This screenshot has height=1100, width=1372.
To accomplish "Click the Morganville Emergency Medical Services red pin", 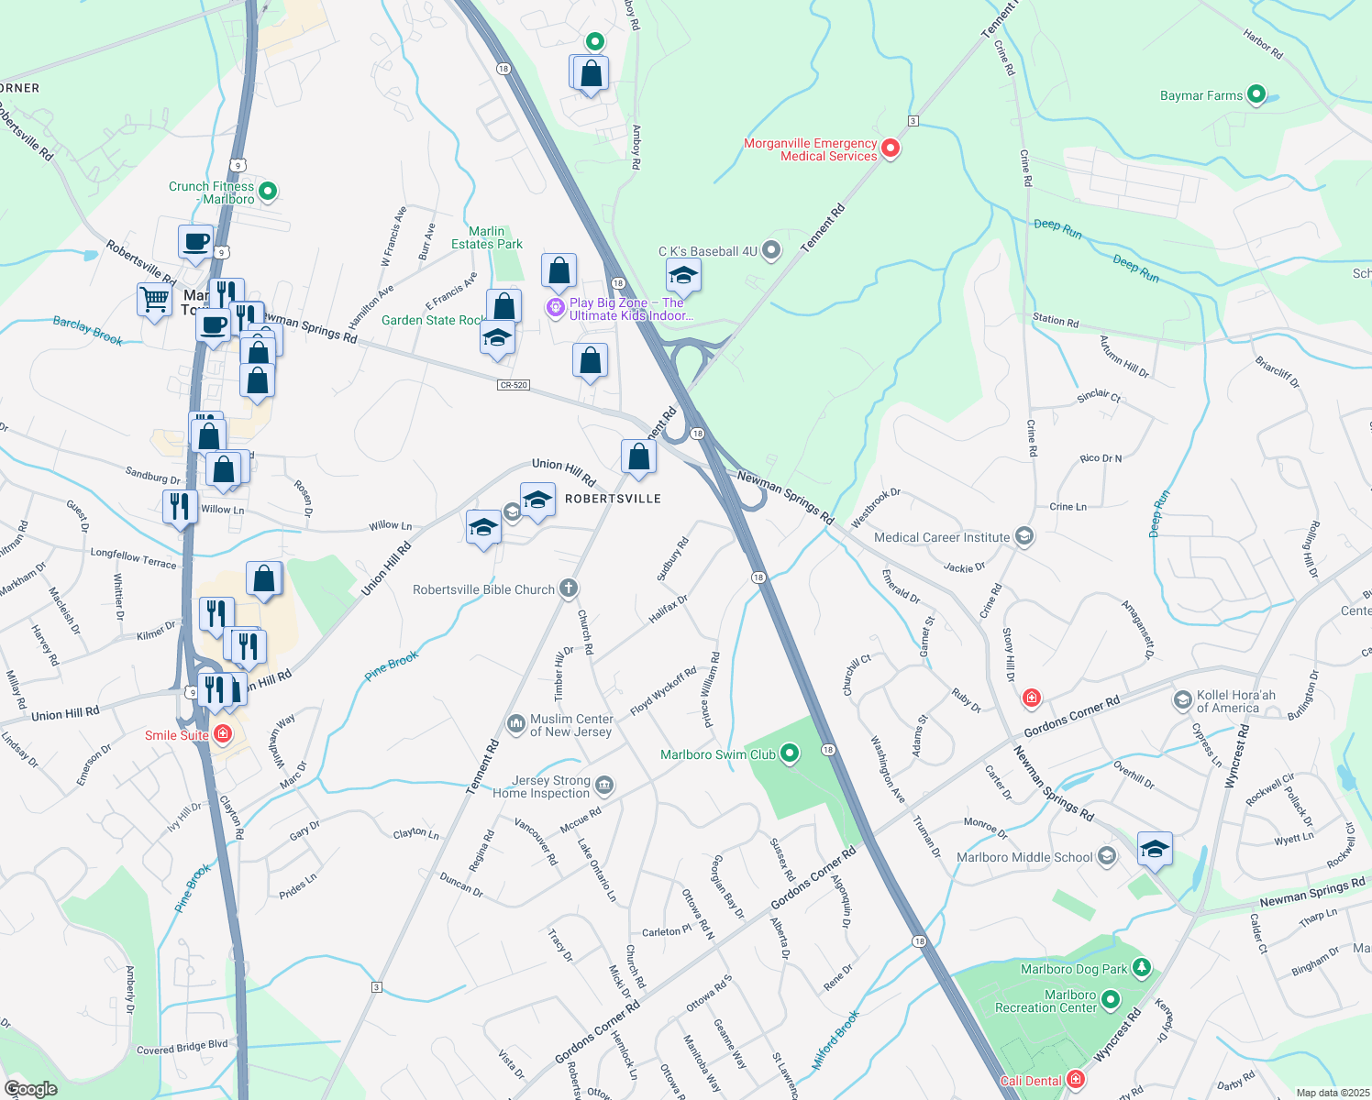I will tap(889, 148).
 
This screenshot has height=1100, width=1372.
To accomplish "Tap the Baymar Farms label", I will tap(1200, 95).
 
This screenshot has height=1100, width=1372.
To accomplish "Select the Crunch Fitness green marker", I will tap(268, 192).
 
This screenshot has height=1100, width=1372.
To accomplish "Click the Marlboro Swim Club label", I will tap(718, 754).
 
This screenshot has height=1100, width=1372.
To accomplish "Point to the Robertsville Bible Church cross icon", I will tap(569, 588).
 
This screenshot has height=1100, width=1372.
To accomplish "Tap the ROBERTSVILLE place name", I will tap(613, 499).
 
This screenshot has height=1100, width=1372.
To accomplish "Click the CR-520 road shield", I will tap(514, 385).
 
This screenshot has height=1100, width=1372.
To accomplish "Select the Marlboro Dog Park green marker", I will tap(1141, 968).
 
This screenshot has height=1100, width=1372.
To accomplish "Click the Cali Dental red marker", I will tap(1076, 1080).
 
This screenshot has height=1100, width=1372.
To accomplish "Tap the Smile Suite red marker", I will tap(222, 734).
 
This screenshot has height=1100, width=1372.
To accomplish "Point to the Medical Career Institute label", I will tap(942, 537).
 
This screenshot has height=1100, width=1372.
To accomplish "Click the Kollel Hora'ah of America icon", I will tap(1182, 701).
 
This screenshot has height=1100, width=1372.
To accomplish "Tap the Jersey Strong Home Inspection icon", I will tap(603, 786).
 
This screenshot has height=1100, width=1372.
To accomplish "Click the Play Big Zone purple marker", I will tap(555, 308).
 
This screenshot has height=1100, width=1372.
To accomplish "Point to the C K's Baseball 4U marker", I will tap(771, 250).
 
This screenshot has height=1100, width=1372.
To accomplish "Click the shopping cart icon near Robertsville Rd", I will tap(154, 298).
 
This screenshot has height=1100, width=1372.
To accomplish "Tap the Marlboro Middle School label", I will tap(1024, 857).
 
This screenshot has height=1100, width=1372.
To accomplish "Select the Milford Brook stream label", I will tap(836, 1040).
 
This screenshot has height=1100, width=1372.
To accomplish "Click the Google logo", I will tap(31, 1088).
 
